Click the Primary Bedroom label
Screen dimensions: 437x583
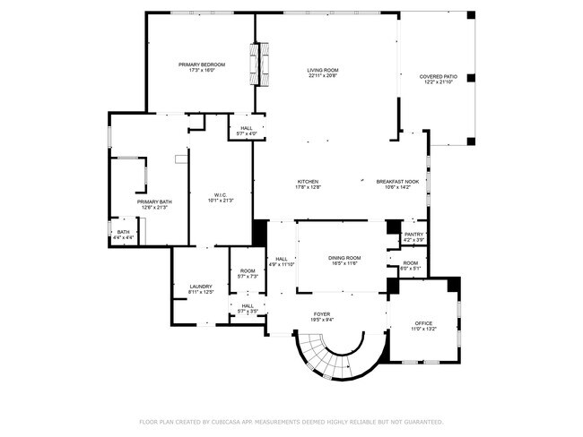(x=201, y=64)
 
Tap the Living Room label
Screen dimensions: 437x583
(x=322, y=70)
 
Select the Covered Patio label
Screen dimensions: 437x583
(x=437, y=76)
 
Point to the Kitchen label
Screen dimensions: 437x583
(x=308, y=182)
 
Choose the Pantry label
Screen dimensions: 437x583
(x=413, y=235)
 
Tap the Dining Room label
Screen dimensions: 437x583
(x=344, y=258)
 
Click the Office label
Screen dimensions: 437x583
(x=423, y=322)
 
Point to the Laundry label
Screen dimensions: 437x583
(x=200, y=287)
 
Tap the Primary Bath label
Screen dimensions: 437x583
(x=154, y=201)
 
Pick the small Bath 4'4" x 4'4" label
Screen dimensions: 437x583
(x=123, y=233)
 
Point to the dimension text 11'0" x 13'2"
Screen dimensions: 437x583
(x=423, y=329)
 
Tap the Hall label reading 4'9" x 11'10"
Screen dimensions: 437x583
(x=281, y=259)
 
